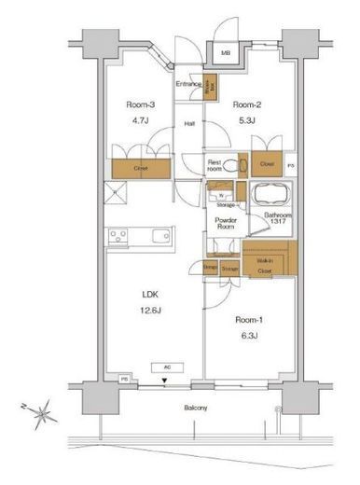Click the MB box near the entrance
pyautogui.click(x=225, y=54)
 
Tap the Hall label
pyautogui.click(x=188, y=123)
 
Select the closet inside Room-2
pyautogui.click(x=267, y=164)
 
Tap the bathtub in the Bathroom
pyautogui.click(x=270, y=198)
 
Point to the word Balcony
pyautogui.click(x=194, y=409)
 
